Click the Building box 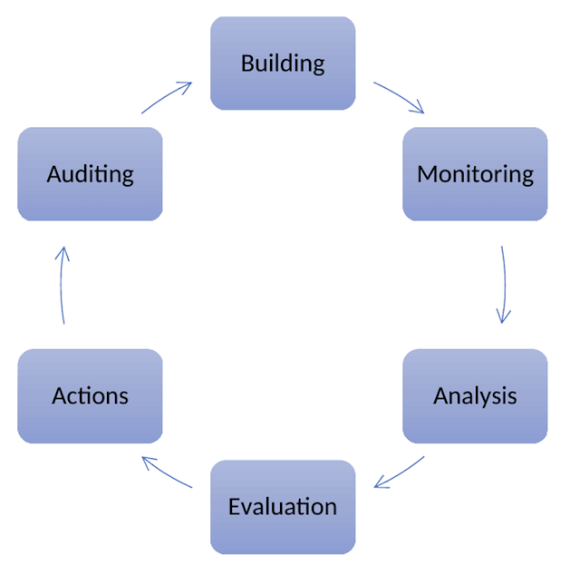tap(283, 63)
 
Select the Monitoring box tap(475, 173)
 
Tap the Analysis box tap(475, 395)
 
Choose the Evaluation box tap(283, 506)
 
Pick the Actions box tap(90, 395)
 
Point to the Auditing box tap(90, 173)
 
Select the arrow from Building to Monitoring tap(399, 97)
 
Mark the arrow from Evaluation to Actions tap(167, 472)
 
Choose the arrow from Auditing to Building tap(167, 97)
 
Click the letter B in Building tap(246, 63)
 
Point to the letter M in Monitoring tap(426, 173)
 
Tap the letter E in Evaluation tap(235, 506)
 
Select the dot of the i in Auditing tap(101, 164)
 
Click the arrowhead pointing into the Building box tap(186, 86)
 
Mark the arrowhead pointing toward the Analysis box tap(504, 317)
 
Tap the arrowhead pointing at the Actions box tap(148, 462)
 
